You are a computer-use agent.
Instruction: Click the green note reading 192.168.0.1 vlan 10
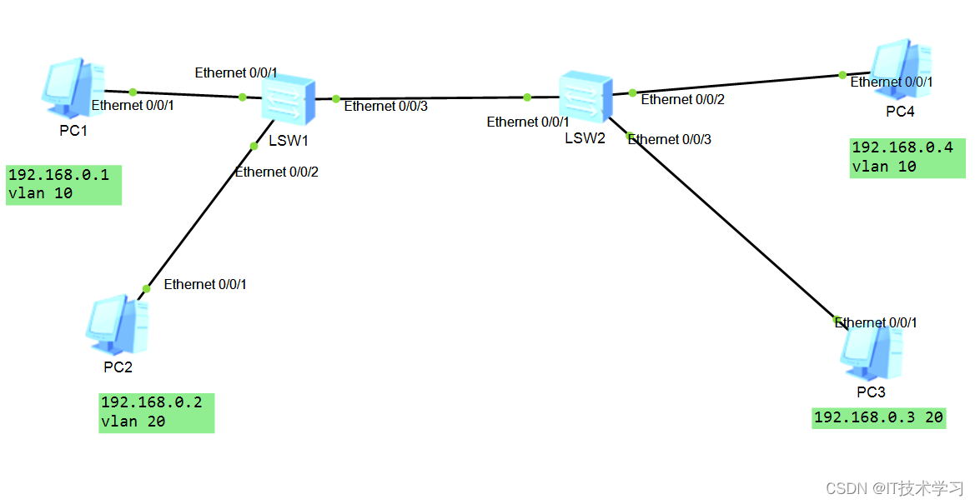[63, 185]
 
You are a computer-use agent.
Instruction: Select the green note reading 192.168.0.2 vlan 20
[156, 412]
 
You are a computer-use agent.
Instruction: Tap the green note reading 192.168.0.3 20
[878, 418]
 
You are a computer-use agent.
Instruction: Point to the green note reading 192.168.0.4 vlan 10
[908, 157]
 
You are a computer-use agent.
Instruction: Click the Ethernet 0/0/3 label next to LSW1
[385, 106]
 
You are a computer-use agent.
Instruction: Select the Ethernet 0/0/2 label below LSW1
[277, 172]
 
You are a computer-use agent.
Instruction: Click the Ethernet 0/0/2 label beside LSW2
[682, 100]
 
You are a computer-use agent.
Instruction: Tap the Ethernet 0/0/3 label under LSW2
[670, 139]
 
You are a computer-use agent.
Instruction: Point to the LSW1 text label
[289, 140]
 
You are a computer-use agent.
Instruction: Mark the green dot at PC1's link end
[132, 92]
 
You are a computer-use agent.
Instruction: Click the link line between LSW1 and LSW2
[430, 98]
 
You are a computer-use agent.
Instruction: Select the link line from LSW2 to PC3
[726, 221]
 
